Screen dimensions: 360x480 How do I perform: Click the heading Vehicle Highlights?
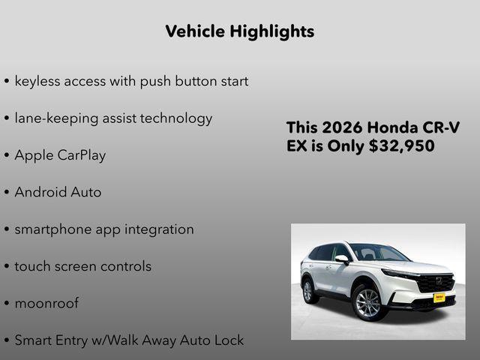pyautogui.click(x=239, y=31)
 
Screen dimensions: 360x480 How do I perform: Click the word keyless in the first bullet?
pyautogui.click(x=38, y=81)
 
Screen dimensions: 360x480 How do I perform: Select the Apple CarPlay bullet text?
pyautogui.click(x=60, y=155)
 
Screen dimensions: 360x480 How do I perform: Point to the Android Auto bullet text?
pyautogui.click(x=58, y=192)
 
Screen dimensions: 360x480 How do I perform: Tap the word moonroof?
pyautogui.click(x=46, y=304)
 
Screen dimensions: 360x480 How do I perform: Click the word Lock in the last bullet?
pyautogui.click(x=228, y=340)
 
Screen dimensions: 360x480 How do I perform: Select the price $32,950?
pyautogui.click(x=401, y=146)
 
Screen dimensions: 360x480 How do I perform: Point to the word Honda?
pyautogui.click(x=394, y=127)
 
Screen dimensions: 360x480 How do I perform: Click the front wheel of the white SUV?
pyautogui.click(x=369, y=302)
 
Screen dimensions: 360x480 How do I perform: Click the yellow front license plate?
pyautogui.click(x=439, y=298)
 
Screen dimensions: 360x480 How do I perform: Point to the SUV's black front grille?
pyautogui.click(x=436, y=283)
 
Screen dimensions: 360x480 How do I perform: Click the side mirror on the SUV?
pyautogui.click(x=342, y=259)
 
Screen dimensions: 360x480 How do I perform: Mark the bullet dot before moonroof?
pyautogui.click(x=7, y=304)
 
